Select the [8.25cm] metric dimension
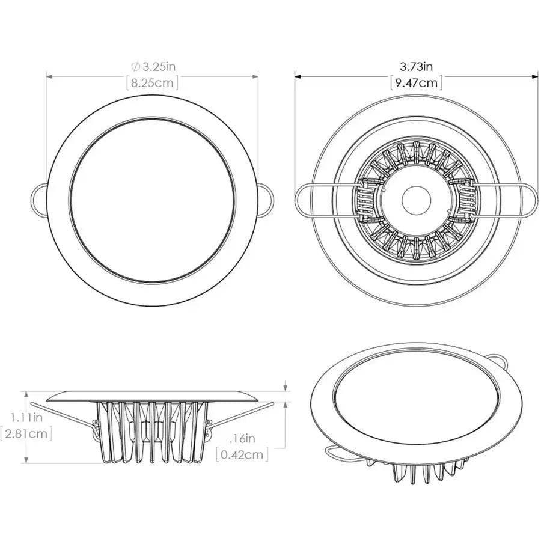[x=152, y=83]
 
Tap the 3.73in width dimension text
[x=416, y=66]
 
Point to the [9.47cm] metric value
[x=416, y=83]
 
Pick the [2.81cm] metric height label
[x=26, y=433]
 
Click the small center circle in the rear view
[x=416, y=200]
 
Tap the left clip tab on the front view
[x=38, y=198]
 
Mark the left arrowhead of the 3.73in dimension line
[x=298, y=76]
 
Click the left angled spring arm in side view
[x=63, y=414]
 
